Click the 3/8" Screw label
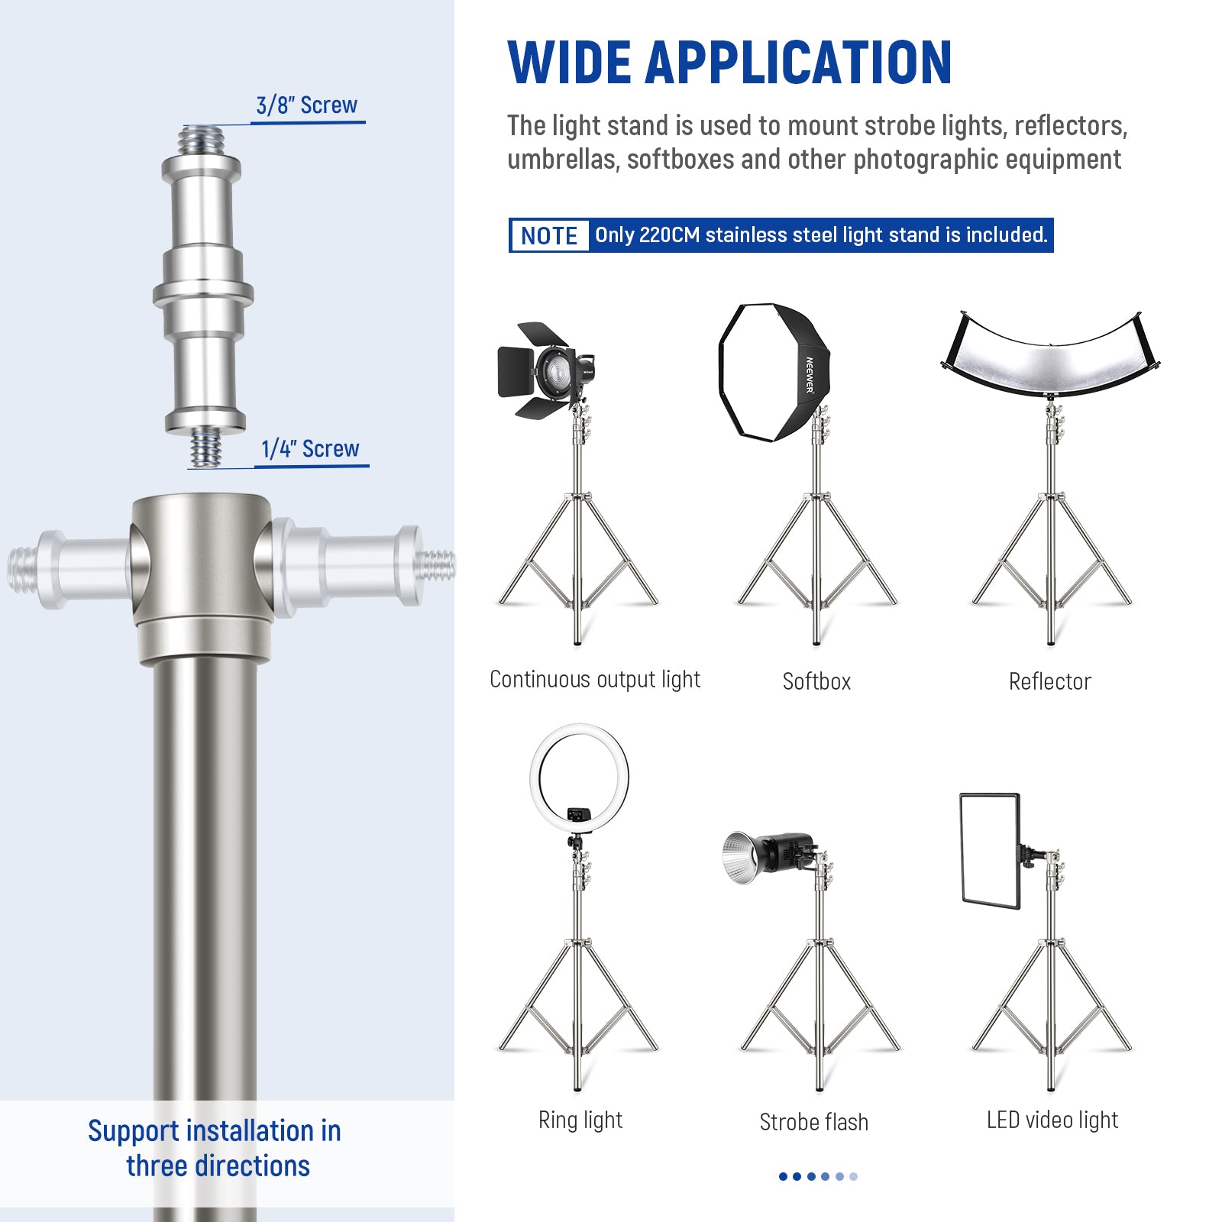tap(306, 105)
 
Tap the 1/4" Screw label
tap(309, 449)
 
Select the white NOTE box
tap(549, 235)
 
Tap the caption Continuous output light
tap(594, 679)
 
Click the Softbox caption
tap(816, 681)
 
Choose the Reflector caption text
tap(1049, 681)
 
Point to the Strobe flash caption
tap(813, 1122)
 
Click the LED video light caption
tap(1052, 1120)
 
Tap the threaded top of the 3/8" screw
tap(202, 141)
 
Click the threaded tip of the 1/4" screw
tap(205, 448)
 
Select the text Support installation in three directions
tap(215, 1148)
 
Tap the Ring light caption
tap(580, 1120)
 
